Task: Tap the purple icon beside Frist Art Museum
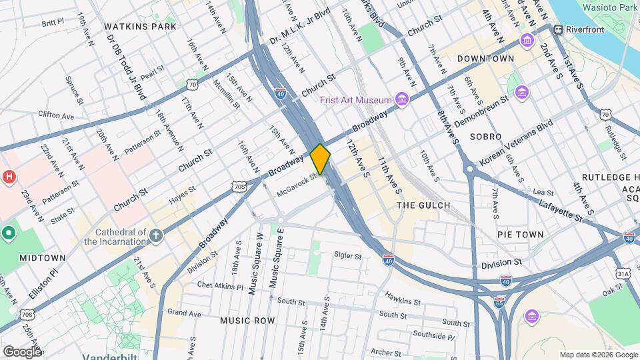tap(401, 99)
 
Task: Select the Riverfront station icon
tap(556, 29)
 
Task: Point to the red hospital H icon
tap(9, 177)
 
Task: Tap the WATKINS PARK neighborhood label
tap(141, 27)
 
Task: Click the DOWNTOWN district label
tap(485, 59)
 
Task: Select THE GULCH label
tap(423, 205)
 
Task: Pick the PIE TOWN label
tap(520, 235)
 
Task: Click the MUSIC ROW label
tap(247, 321)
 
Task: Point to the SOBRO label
tap(485, 136)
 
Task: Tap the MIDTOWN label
tap(42, 258)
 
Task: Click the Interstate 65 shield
tap(499, 302)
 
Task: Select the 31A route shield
tap(623, 273)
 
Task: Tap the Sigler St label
tap(347, 255)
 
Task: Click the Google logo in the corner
tap(22, 351)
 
